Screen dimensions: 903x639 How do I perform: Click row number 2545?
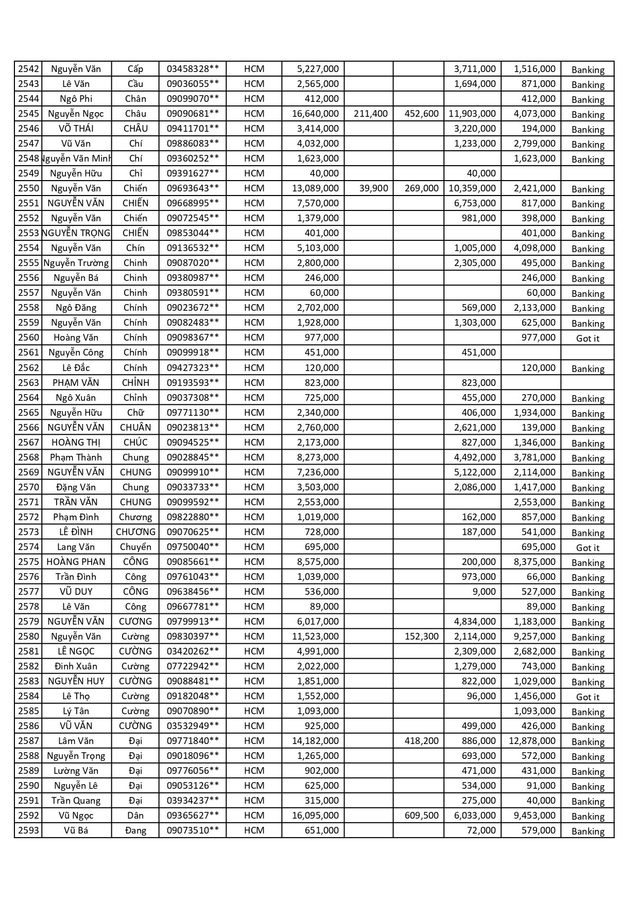click(28, 114)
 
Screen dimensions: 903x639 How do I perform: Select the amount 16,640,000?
click(315, 114)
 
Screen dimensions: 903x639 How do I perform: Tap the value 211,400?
click(370, 114)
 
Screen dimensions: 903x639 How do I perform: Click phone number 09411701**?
click(193, 129)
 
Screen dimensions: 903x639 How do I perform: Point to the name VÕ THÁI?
click(76, 129)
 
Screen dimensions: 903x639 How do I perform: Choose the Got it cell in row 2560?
click(588, 338)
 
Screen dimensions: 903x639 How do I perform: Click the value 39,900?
click(373, 188)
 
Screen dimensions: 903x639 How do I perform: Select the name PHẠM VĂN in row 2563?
click(76, 383)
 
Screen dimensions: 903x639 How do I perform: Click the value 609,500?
click(421, 816)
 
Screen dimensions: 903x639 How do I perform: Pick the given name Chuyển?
click(135, 547)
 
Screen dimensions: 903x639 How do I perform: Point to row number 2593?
click(28, 830)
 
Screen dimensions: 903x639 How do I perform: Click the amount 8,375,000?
click(534, 562)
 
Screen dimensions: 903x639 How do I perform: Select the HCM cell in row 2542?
click(254, 69)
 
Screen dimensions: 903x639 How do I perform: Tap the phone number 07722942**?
click(193, 666)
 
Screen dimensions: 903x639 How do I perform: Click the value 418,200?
click(421, 741)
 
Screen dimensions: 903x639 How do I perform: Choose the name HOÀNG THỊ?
click(76, 442)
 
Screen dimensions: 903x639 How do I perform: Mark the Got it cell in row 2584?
click(588, 697)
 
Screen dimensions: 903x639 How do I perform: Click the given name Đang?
click(135, 830)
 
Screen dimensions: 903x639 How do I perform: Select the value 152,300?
click(421, 636)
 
